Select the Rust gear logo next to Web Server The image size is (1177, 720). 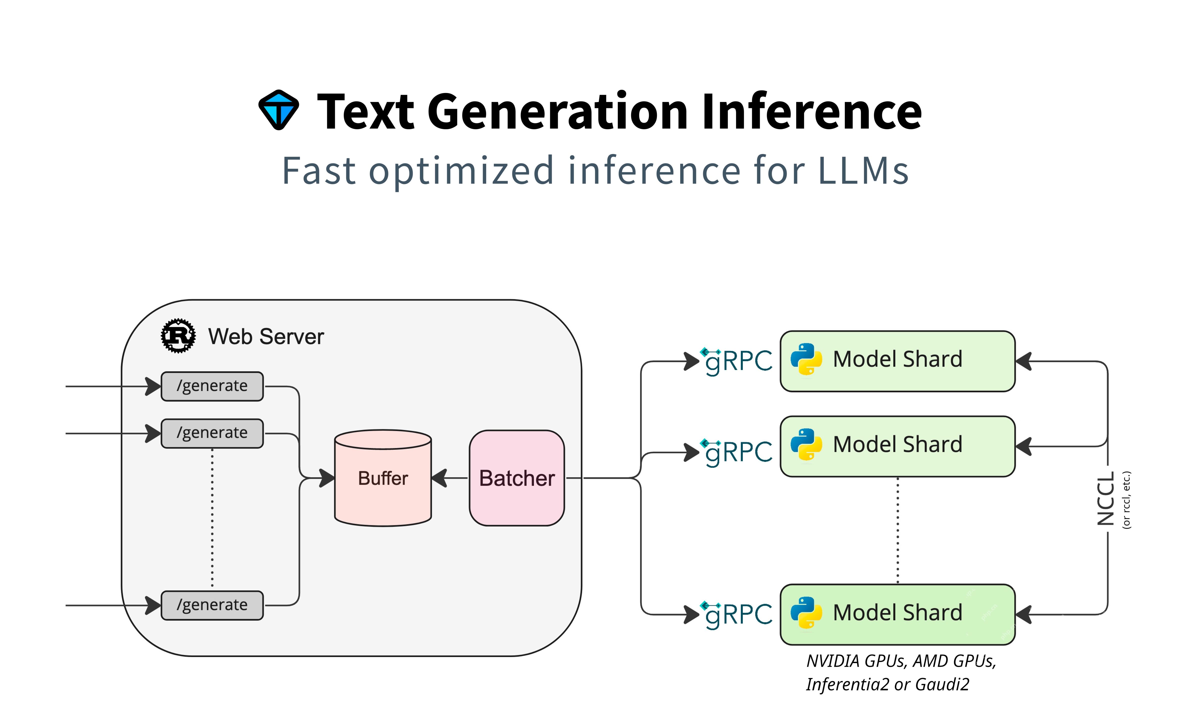[178, 336]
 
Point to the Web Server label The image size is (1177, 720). [266, 337]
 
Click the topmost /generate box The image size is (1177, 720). [212, 386]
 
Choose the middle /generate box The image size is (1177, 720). [212, 433]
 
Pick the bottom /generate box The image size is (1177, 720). [212, 605]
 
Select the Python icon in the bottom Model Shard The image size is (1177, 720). [806, 613]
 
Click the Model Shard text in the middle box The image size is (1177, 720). [897, 445]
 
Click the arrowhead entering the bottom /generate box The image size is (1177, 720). [154, 605]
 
